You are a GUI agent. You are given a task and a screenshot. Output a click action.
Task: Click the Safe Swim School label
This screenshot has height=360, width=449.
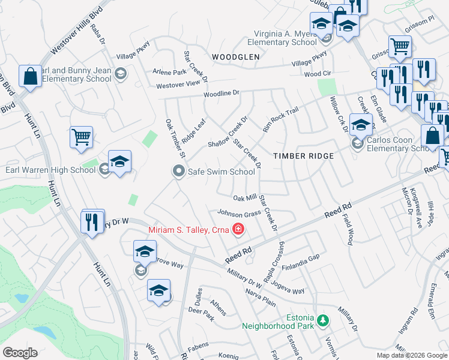point(221,172)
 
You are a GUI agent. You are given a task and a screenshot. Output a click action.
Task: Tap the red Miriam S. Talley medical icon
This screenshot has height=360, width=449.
point(238,229)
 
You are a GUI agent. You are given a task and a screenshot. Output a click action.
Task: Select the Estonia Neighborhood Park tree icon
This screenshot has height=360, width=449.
point(324,319)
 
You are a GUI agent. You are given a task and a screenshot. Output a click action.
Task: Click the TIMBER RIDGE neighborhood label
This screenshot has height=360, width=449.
point(303,155)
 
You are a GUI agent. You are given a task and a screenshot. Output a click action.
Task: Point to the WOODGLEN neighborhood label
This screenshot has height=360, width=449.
point(235,56)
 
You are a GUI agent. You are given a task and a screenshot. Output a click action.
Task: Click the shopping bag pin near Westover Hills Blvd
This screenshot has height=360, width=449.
point(30,77)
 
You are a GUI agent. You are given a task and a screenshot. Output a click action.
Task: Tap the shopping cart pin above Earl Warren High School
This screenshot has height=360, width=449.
point(81,136)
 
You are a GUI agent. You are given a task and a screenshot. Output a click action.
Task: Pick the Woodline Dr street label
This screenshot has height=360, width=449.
point(221,94)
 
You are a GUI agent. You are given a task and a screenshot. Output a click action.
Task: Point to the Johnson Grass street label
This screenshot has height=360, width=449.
point(238,212)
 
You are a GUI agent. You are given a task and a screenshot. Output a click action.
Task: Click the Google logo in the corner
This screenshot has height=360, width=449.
point(20,353)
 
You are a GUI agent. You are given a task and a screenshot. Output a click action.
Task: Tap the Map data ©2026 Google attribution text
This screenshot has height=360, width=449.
point(412,355)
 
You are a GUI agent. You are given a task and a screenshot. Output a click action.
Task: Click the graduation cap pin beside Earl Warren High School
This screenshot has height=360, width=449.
point(119,162)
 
